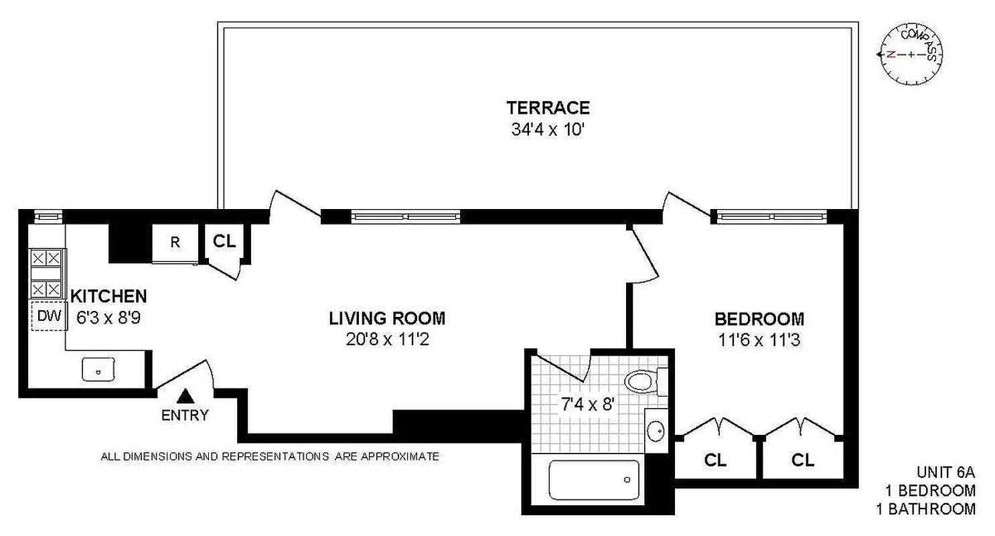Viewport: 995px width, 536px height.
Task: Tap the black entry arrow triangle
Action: point(184,396)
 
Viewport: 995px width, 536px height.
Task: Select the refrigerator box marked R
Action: point(175,243)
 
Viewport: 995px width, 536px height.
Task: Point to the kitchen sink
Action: point(99,369)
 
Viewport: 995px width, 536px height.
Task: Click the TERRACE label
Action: point(548,107)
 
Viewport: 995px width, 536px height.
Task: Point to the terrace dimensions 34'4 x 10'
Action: point(548,128)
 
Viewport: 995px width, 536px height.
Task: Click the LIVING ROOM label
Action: point(387,318)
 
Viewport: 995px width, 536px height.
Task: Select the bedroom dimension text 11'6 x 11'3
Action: point(759,340)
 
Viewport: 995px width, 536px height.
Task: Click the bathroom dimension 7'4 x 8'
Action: point(587,404)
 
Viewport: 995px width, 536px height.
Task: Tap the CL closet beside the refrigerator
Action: point(225,242)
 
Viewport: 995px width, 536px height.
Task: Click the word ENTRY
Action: point(185,415)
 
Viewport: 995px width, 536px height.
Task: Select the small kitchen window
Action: point(48,216)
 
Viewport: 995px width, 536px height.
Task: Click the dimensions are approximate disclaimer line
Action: point(270,457)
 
